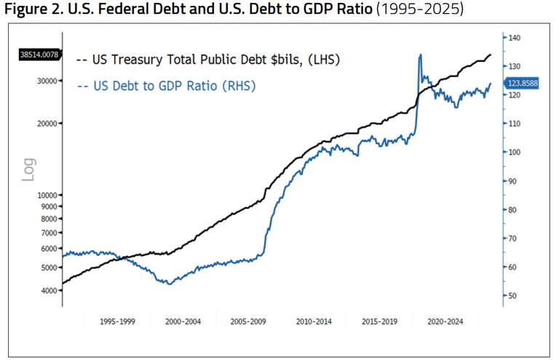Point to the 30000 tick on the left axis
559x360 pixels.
coord(47,81)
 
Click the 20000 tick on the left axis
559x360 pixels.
coord(47,123)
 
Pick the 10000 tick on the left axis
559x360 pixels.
coord(47,195)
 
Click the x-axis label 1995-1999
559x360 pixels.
coord(118,320)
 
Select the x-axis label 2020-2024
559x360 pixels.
coord(445,320)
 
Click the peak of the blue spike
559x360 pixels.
coord(420,55)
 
